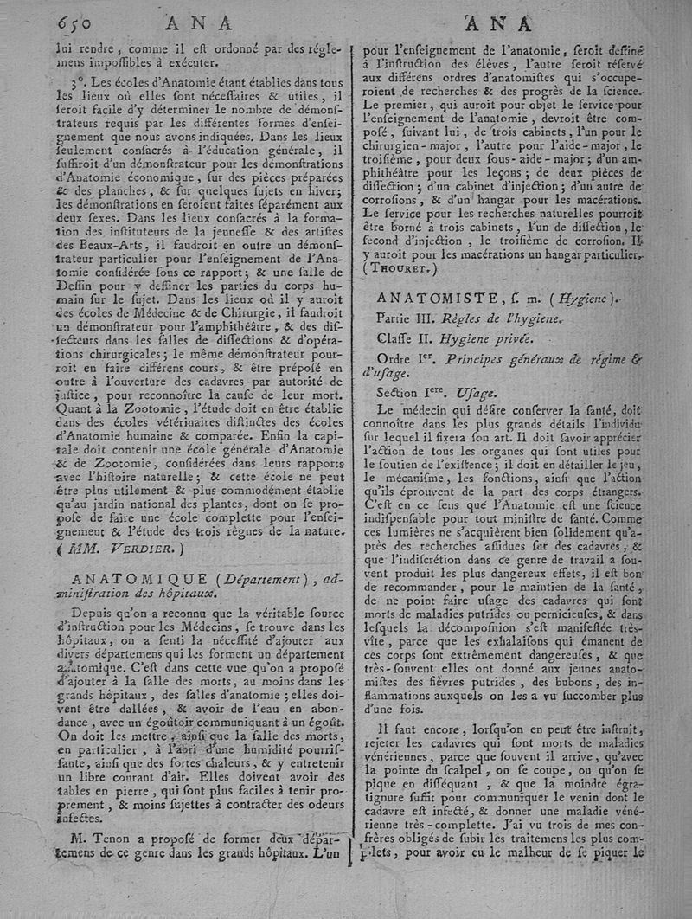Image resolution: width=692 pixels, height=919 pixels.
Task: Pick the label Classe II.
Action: pos(409,338)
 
